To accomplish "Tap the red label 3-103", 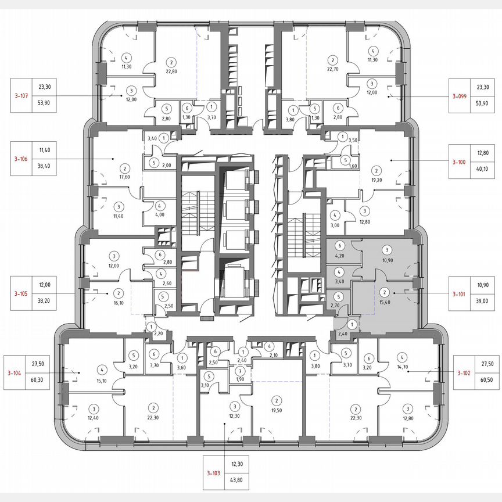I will point(213,474).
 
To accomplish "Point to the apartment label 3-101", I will point(463,294).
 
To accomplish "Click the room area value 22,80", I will point(171,72).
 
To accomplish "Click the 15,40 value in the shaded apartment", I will point(384,302).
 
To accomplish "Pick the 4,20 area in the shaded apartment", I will point(340,253).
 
